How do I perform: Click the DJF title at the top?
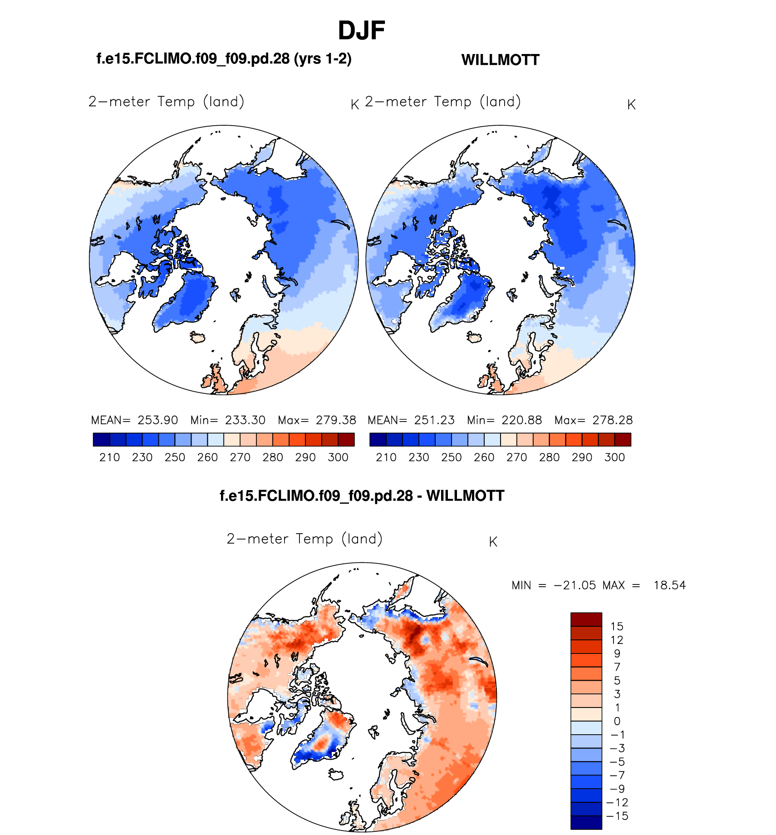[362, 31]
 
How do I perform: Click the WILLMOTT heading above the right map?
[500, 60]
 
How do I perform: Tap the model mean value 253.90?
[157, 420]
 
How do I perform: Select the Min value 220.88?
[521, 420]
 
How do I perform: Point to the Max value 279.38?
[336, 420]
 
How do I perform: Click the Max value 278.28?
[612, 420]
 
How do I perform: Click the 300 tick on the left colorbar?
[338, 457]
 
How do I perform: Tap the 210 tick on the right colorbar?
[386, 457]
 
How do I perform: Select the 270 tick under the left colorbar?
[240, 457]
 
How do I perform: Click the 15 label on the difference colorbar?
[617, 627]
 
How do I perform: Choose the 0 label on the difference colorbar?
[617, 721]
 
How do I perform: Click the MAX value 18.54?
[669, 585]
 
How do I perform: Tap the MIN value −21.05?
[575, 585]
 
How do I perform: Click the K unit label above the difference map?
[493, 542]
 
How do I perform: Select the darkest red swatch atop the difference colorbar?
[586, 619]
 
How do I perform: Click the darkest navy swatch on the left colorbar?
[101, 440]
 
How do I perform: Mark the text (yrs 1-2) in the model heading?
[323, 59]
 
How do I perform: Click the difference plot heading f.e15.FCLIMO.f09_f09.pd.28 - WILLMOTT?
[362, 496]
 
